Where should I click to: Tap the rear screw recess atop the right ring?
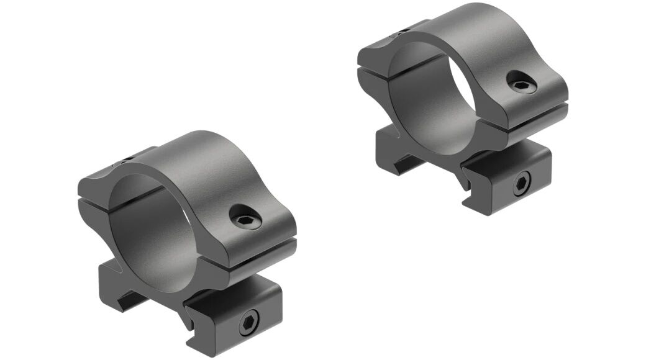click(404, 29)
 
